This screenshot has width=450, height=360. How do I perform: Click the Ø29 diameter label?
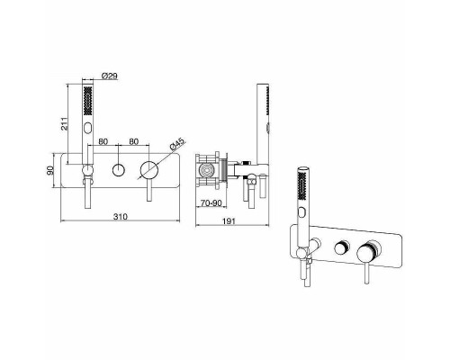click(x=109, y=76)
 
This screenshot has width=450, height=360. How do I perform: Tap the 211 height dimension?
click(x=65, y=123)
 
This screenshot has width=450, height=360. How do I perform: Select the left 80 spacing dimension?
click(x=103, y=141)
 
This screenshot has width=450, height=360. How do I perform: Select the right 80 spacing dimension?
click(x=134, y=141)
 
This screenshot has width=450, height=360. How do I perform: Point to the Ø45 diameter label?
click(x=177, y=144)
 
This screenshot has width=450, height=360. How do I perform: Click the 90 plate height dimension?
click(x=49, y=170)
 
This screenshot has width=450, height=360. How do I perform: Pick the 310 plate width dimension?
click(x=121, y=216)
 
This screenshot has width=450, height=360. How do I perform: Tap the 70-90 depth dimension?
click(x=211, y=203)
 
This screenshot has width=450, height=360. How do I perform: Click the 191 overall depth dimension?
click(x=229, y=221)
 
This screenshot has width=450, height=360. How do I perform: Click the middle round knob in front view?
click(x=119, y=170)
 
